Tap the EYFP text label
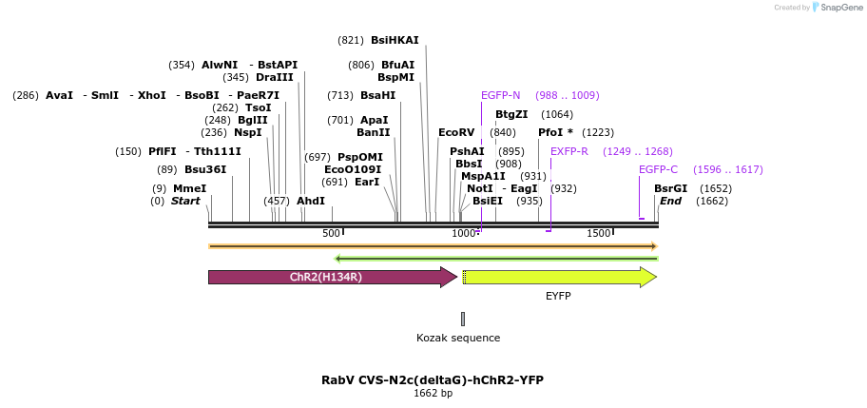coord(558,297)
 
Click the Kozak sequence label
coord(458,338)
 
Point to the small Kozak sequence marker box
coord(463,319)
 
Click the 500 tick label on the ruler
coord(331,234)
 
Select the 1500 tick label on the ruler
coord(598,234)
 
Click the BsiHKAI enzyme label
coord(395,40)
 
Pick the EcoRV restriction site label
coord(456,132)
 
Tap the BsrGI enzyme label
coord(670,188)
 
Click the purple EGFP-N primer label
coord(500,95)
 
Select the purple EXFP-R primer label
coord(569,151)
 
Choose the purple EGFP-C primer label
coord(658,169)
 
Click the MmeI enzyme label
coord(189,188)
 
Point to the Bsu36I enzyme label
coord(205,169)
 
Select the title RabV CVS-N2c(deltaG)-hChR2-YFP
coord(433,379)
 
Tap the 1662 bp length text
coord(433,393)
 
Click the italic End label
coord(670,201)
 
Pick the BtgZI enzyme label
coord(511,114)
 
